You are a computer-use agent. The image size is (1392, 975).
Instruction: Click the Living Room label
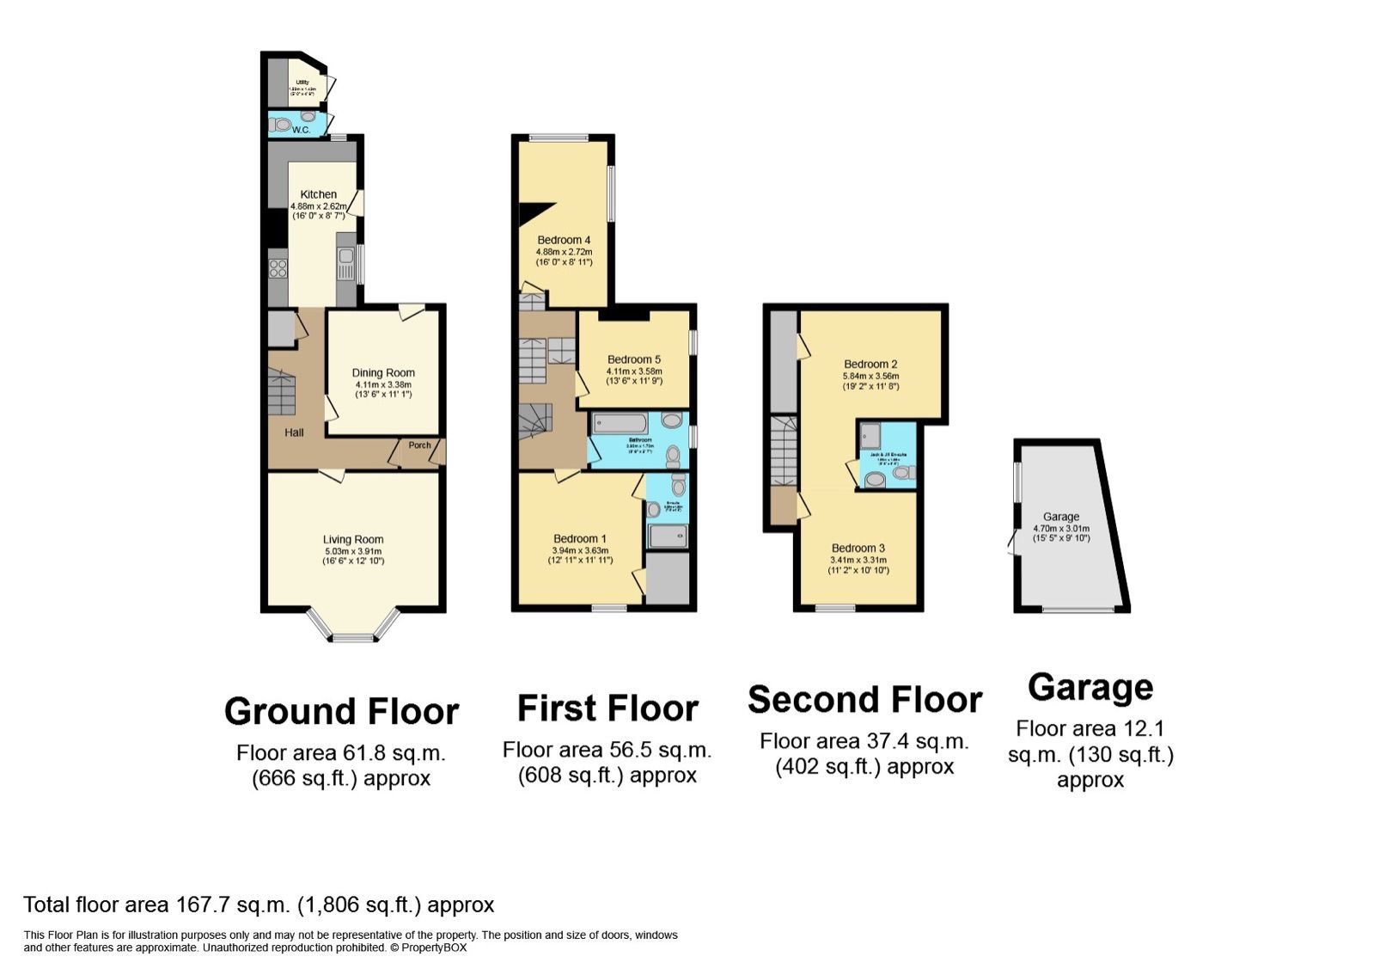(353, 540)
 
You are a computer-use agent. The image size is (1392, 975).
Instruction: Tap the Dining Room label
(383, 373)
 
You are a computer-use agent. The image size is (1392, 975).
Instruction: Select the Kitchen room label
(318, 194)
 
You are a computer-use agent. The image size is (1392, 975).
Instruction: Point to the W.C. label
(301, 130)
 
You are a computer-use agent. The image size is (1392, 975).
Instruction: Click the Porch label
(419, 445)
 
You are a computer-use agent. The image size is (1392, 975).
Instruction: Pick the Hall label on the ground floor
(294, 432)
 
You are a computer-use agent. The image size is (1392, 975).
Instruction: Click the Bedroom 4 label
(564, 240)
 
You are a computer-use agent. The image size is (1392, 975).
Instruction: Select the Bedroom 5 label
(634, 359)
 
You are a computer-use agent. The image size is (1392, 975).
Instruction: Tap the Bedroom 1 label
(579, 539)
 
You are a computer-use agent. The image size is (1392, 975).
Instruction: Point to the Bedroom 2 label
(870, 365)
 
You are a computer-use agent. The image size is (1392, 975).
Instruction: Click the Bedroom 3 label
(858, 549)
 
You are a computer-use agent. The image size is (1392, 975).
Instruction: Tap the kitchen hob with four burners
(278, 268)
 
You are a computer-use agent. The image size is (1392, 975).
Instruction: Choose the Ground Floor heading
(341, 712)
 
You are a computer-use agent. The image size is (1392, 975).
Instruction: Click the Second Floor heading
(864, 701)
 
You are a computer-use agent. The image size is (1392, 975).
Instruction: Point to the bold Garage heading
(1090, 688)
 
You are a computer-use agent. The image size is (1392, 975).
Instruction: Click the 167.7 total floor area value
(203, 905)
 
